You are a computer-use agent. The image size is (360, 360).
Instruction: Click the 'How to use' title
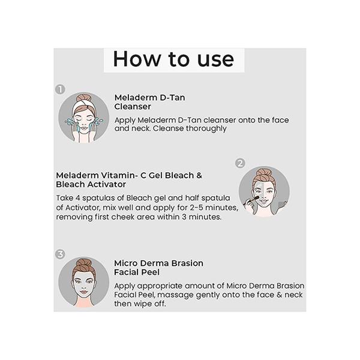[x=173, y=59]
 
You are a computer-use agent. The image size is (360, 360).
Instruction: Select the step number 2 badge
[x=240, y=163]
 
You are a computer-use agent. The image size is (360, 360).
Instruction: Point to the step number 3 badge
[x=60, y=254]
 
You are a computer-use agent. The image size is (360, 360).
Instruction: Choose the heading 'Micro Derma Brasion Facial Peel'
[x=158, y=268]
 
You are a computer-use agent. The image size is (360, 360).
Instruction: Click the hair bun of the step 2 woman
[x=264, y=173]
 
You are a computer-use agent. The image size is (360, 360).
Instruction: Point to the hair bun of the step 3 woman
[x=83, y=263]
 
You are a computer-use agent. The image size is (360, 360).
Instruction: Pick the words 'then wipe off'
[x=142, y=304]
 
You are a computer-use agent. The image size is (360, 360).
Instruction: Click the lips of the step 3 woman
[x=83, y=292]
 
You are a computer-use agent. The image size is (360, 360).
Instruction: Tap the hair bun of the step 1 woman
[x=83, y=98]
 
